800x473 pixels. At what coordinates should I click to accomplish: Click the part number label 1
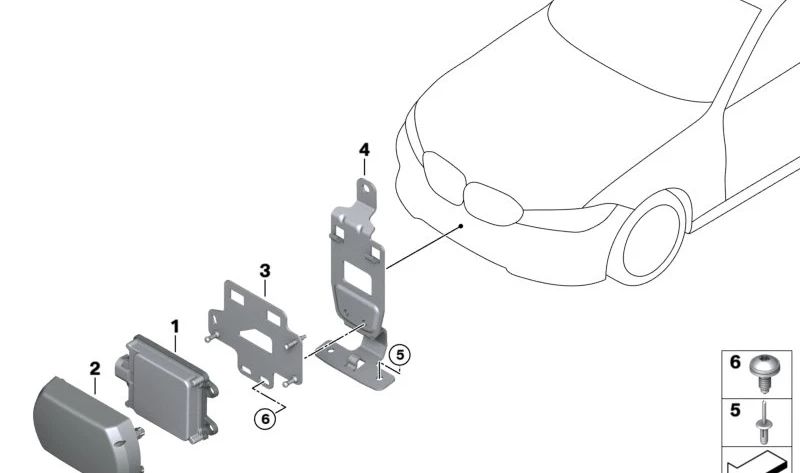tap(174, 326)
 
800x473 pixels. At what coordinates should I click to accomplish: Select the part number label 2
tap(95, 369)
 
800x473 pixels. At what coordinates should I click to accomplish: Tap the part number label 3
tap(264, 271)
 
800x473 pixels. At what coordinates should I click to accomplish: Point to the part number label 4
tap(364, 150)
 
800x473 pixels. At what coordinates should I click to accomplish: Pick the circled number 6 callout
tap(265, 420)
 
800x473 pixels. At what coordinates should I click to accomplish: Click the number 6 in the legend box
tap(735, 363)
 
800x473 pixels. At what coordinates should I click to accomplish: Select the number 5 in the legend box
tap(735, 410)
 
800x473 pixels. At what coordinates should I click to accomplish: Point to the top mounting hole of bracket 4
tap(366, 186)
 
